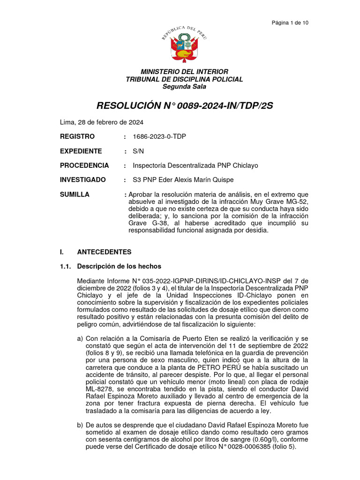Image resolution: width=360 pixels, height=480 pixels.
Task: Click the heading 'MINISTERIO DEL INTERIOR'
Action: click(x=185, y=72)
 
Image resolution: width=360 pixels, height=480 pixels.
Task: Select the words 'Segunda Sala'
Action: click(x=185, y=87)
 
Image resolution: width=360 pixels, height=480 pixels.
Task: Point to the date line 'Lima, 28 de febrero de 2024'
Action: click(x=102, y=122)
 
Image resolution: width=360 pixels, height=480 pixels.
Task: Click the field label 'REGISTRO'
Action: click(x=77, y=136)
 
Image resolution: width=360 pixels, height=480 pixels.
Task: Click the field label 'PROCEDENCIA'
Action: click(x=84, y=165)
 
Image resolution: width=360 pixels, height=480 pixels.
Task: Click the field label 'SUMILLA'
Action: click(x=75, y=195)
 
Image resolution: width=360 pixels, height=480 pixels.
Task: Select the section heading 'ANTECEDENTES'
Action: click(x=104, y=252)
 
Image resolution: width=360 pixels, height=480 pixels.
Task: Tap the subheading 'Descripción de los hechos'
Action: click(x=119, y=267)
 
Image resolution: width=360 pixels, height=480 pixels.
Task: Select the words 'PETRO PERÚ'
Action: click(x=209, y=368)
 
